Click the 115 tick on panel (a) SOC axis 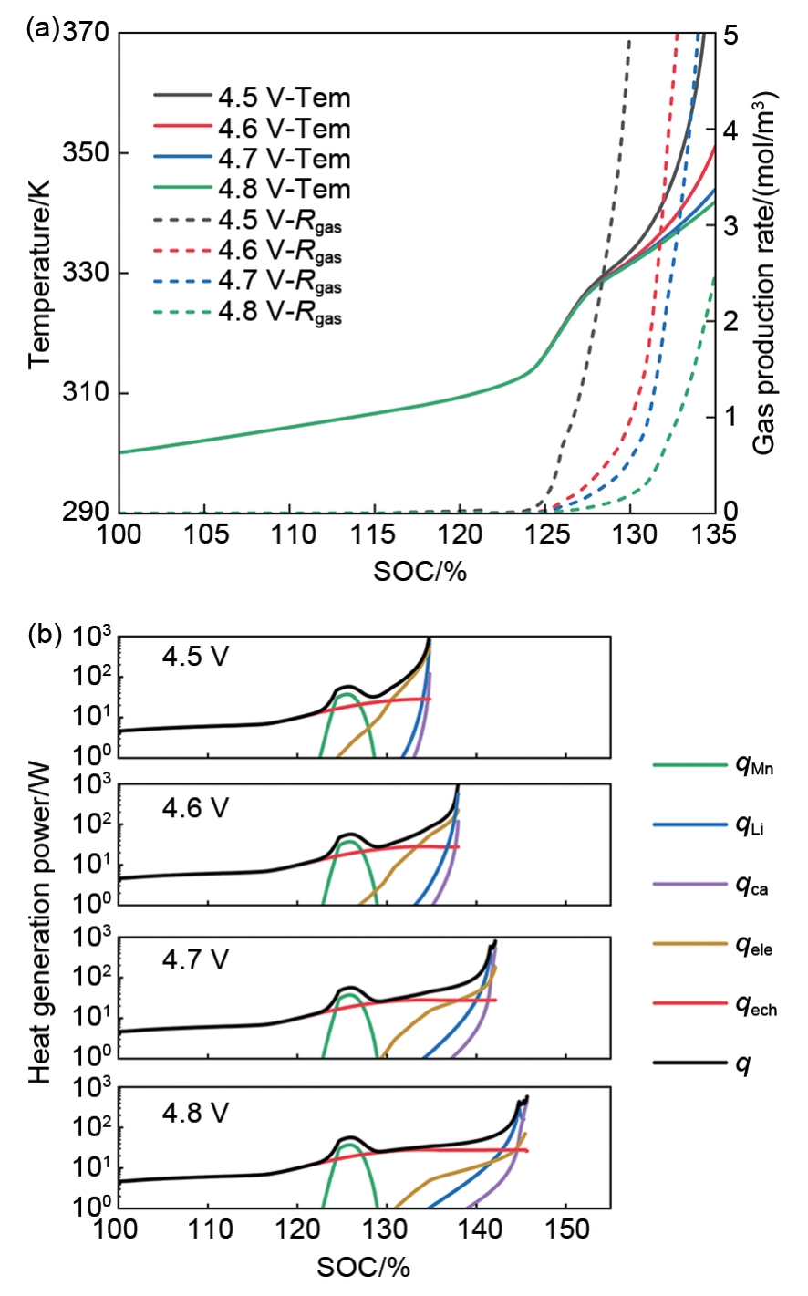click(375, 534)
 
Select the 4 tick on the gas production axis click(730, 130)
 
